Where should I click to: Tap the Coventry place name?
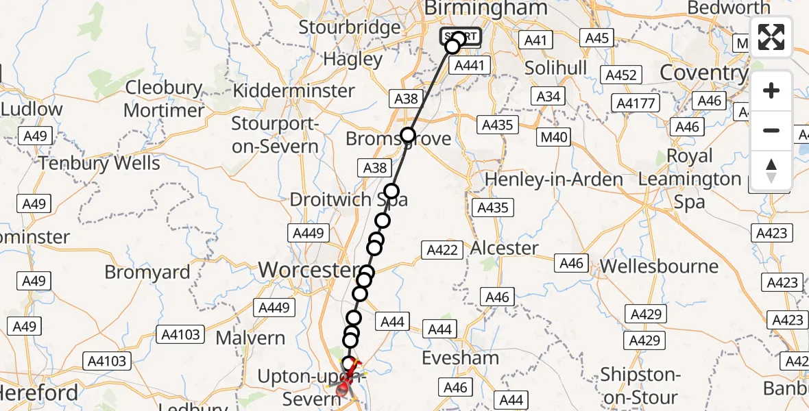703,73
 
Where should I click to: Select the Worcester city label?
308,270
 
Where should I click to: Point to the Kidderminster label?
294,91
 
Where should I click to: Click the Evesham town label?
459,358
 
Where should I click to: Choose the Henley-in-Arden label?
553,180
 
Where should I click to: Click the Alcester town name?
505,248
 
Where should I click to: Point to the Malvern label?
250,338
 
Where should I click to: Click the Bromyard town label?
147,273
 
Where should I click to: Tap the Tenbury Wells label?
99,164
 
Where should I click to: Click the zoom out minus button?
771,130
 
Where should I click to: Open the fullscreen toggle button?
771,37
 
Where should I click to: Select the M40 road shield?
554,137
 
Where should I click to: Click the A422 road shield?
442,250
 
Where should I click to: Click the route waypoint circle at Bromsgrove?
408,135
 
